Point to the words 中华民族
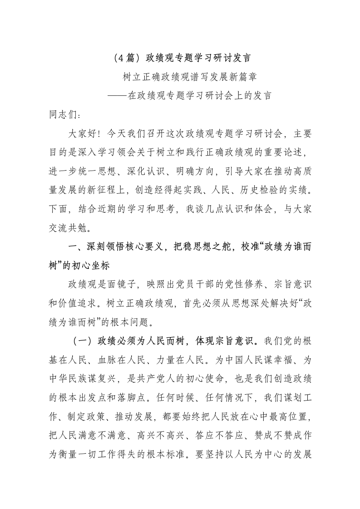(69, 377)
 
